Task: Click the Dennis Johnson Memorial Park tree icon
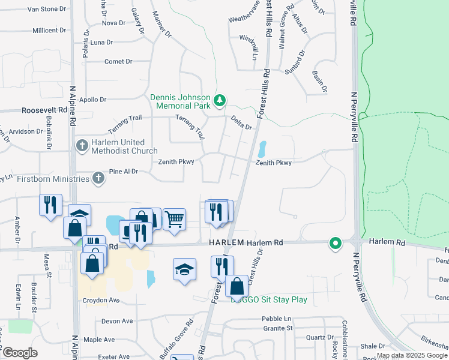[x=220, y=100]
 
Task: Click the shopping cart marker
[x=174, y=219]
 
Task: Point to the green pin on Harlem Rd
[x=335, y=244]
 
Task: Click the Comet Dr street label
[x=118, y=61]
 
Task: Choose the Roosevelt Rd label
[x=44, y=110]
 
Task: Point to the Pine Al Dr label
[x=124, y=172]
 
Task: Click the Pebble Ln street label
[x=277, y=318]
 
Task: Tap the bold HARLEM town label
[x=227, y=242]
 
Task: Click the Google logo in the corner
[x=20, y=353]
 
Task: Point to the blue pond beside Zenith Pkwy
[x=262, y=149]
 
